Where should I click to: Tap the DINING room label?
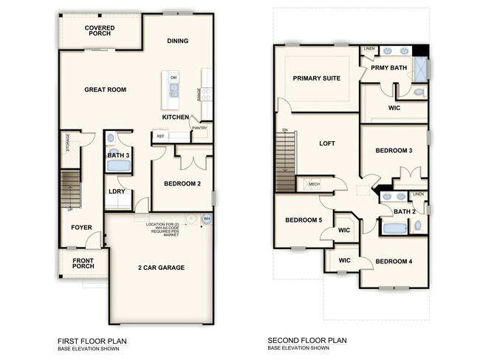[177, 41]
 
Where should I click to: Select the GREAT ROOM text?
[106, 89]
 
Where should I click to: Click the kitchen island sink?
[174, 90]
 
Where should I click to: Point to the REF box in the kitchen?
[160, 136]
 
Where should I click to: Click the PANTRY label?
[199, 129]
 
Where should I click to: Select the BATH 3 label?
[118, 155]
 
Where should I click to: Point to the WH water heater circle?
[207, 219]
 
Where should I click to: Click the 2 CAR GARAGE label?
[160, 267]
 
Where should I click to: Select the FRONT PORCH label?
[82, 264]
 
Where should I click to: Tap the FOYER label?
[81, 227]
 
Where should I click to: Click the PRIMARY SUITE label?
[316, 78]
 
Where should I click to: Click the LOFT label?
[327, 144]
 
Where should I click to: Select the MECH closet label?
[314, 184]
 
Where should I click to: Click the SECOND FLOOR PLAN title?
[307, 341]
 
